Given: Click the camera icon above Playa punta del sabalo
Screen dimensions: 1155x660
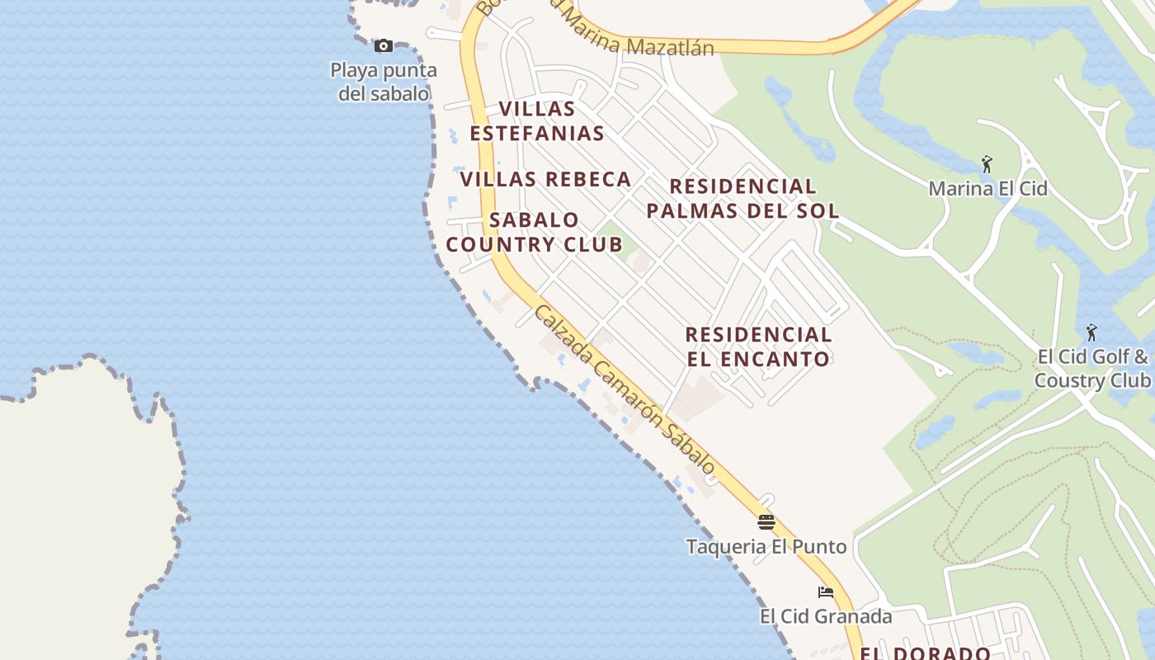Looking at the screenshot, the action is [384, 45].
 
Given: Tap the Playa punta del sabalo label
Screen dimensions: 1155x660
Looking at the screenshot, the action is [384, 82].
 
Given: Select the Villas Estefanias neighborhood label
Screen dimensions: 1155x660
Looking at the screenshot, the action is [537, 120].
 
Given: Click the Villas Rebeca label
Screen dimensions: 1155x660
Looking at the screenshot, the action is [545, 179].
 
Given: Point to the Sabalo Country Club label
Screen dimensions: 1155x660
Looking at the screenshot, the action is [535, 232].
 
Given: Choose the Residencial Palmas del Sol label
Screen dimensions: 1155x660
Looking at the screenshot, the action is [742, 198].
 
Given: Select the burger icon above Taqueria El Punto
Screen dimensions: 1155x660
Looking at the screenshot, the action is [766, 521].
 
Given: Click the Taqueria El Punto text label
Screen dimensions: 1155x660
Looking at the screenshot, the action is [766, 546].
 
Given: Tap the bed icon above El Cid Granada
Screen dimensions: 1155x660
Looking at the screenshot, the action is [825, 592].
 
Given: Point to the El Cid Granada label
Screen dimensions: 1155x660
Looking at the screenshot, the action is [826, 616].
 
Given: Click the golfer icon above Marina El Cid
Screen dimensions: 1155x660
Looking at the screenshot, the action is [987, 164].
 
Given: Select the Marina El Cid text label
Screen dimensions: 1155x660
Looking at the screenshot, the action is [988, 188].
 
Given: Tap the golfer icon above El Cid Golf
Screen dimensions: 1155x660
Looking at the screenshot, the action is [1091, 332].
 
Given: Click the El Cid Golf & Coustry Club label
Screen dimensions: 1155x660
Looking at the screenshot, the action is [1092, 369].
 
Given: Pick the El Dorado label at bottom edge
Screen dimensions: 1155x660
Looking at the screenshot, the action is [925, 653].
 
